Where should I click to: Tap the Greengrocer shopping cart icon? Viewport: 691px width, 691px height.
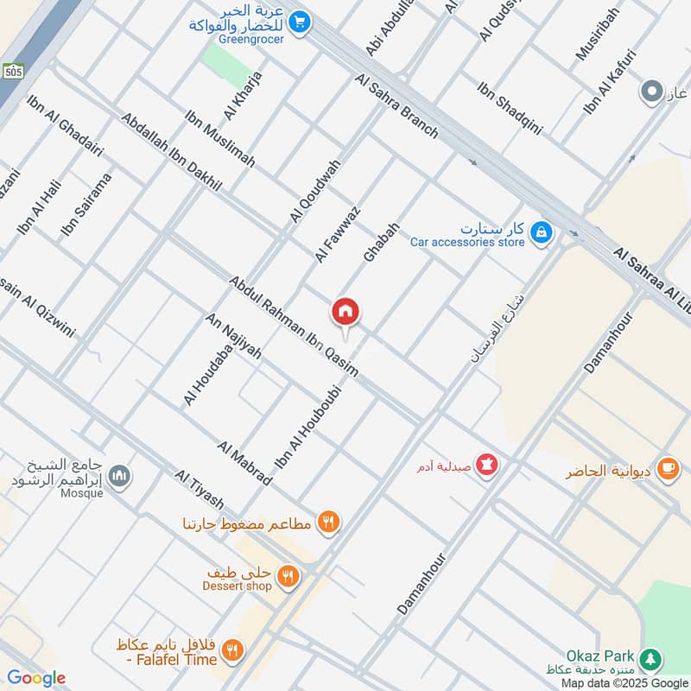(300, 21)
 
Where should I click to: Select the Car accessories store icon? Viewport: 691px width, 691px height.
(541, 231)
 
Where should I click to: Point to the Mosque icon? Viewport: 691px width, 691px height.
(119, 475)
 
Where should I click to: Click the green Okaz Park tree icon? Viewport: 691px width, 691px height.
(653, 660)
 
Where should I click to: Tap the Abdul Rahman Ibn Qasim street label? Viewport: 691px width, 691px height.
(293, 326)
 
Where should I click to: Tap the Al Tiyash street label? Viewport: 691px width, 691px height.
(200, 490)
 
